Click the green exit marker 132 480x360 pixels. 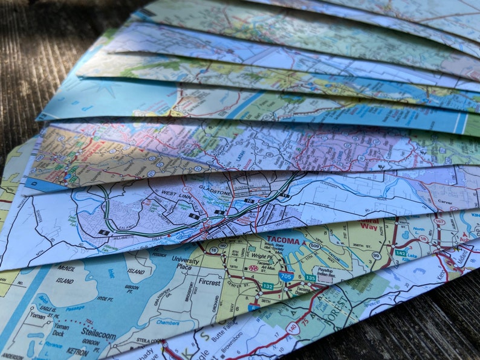click(x=267, y=286)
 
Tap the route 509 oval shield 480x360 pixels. click(x=314, y=246)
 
